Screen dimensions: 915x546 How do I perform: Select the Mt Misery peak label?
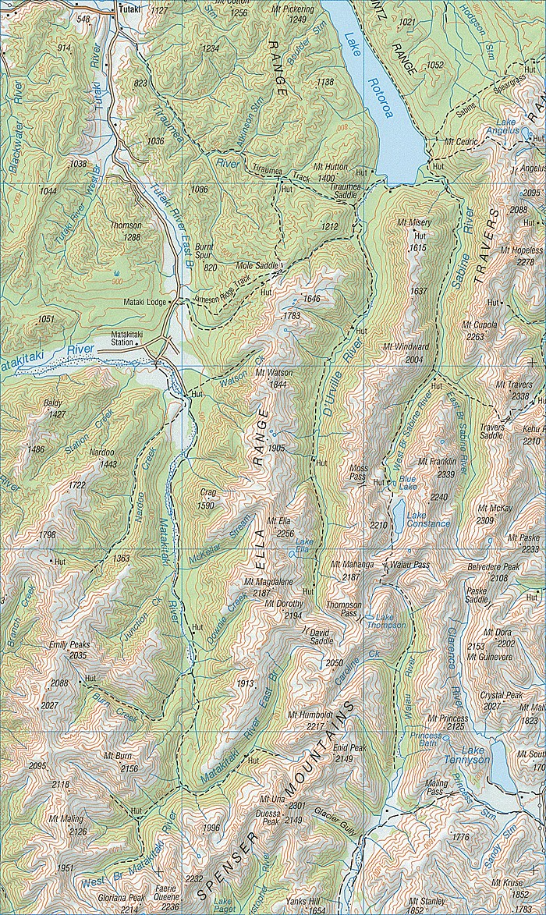click(413, 223)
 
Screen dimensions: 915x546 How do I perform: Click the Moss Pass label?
click(357, 470)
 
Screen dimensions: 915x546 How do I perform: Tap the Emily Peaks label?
click(69, 645)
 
